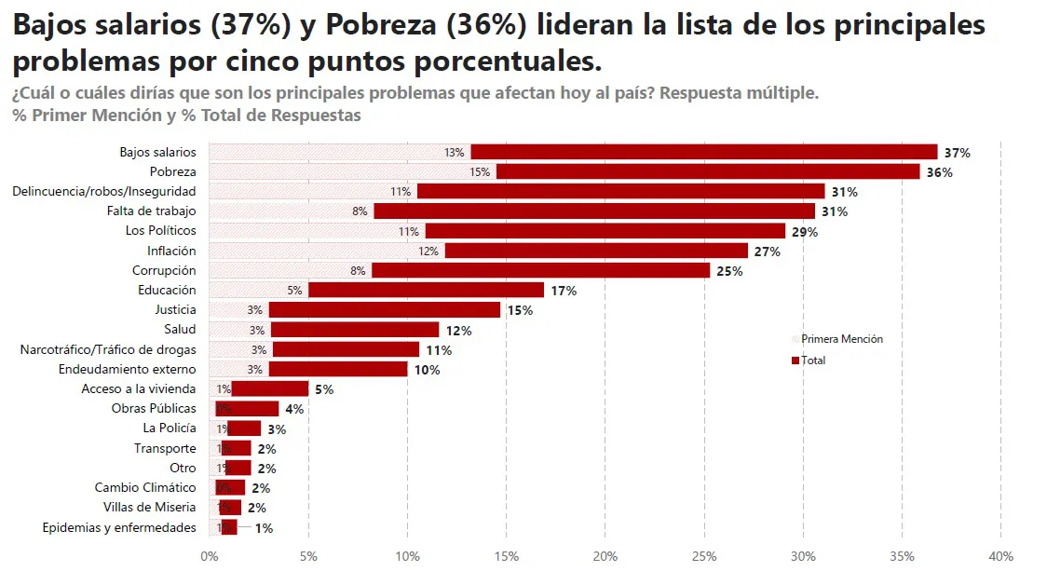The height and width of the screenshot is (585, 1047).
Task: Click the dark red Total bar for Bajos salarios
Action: [x=703, y=152]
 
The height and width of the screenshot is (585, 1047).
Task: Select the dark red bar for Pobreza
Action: [x=708, y=171]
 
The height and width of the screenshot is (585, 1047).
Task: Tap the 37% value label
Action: [x=957, y=153]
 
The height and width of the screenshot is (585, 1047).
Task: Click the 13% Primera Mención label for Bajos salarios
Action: [x=455, y=153]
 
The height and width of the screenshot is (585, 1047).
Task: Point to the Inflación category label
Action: [x=171, y=251]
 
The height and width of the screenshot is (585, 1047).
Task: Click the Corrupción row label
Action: [x=164, y=270]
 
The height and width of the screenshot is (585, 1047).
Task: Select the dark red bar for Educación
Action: [x=426, y=290]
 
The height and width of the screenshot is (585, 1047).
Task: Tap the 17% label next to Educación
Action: [x=564, y=291]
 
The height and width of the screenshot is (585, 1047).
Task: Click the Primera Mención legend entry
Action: [x=841, y=339]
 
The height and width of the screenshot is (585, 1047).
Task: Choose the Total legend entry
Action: [x=812, y=361]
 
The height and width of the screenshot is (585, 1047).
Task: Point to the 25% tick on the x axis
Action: [x=704, y=556]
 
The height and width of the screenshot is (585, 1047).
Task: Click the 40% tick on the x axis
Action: [x=1000, y=556]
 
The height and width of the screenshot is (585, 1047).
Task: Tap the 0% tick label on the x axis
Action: [x=210, y=556]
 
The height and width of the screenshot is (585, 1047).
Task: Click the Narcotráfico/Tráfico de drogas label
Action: [x=108, y=349]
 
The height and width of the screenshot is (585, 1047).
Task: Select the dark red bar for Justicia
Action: [x=385, y=309]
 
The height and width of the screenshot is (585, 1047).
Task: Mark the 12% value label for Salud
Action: [x=458, y=331]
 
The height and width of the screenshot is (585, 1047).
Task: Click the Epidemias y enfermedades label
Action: [x=119, y=527]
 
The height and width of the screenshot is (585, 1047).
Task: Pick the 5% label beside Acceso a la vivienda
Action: [x=323, y=389]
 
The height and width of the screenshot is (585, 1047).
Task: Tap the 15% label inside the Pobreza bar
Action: [x=480, y=172]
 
